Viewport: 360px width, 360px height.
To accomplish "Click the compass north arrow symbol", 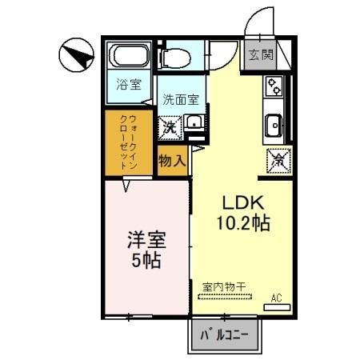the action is pos(77,55).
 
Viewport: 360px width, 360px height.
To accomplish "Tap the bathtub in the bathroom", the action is pos(130,55).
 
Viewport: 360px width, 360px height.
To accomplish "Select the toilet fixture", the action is pos(174,58).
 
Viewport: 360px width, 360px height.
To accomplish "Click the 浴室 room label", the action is pos(129,85).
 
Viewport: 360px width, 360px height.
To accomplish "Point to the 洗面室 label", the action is pos(181,100).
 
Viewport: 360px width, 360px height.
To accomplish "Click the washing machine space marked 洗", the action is pos(170,128).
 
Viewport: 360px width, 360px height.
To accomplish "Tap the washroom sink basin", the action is pos(194,123).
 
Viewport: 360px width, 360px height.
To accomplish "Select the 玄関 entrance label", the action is pos(261,55).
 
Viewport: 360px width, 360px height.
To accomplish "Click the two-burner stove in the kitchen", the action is pos(274,86).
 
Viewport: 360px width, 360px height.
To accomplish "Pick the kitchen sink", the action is pos(274,126).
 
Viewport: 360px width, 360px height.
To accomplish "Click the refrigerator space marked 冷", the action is pos(278,161).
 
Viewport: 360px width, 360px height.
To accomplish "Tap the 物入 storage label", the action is pos(172,161).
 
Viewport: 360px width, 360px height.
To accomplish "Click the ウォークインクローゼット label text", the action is pos(129,142).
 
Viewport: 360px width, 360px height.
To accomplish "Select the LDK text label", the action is pos(243,203).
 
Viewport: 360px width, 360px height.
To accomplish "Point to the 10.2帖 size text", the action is pos(243,222).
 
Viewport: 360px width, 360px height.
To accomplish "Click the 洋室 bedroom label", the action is pos(146,240).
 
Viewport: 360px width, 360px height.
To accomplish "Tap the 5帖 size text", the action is pos(146,260).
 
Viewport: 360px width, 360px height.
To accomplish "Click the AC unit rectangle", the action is pos(277,307).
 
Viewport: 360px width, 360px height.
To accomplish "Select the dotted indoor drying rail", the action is pos(225,296).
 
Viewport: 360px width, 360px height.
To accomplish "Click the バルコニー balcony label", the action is pos(225,335).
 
